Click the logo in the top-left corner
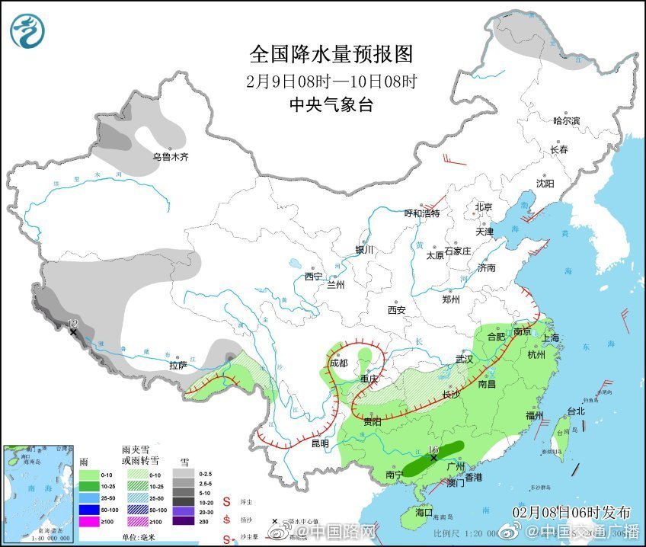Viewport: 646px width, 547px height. click(27, 30)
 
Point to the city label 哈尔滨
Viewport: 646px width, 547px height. click(566, 120)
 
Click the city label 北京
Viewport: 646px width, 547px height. click(484, 206)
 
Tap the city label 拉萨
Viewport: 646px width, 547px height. click(178, 366)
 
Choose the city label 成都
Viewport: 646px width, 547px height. click(339, 363)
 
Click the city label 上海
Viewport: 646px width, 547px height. click(550, 337)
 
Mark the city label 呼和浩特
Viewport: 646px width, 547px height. click(422, 213)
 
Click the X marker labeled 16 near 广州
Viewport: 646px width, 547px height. click(433, 458)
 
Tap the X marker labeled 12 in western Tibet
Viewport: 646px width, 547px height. click(73, 332)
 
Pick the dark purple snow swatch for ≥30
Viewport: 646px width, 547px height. click(184, 522)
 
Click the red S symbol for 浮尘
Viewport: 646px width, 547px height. click(226, 501)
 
